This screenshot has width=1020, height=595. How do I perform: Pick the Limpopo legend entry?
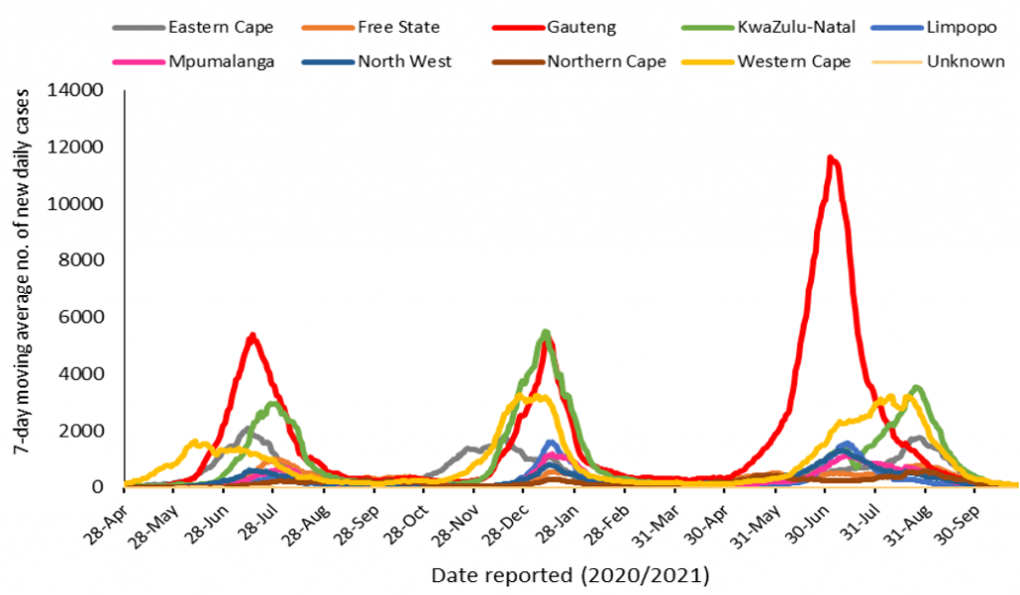941,27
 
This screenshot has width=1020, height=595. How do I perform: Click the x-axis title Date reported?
570,576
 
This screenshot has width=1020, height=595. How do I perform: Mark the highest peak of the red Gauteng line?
830,157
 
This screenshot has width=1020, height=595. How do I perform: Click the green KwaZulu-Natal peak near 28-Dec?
545,332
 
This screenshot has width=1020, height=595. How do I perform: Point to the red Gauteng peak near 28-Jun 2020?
252,336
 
